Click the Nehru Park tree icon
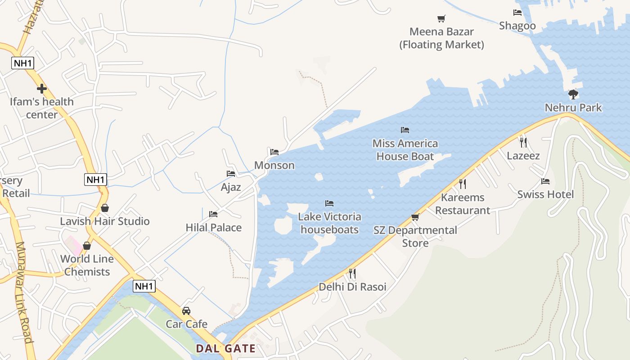[573, 94]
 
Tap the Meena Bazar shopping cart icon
[441, 18]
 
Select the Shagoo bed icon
[517, 13]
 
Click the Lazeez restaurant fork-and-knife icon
[523, 143]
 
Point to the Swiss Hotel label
[545, 194]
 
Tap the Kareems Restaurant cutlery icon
[462, 184]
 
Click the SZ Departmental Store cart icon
[415, 217]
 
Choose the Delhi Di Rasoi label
[352, 287]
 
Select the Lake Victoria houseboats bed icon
[329, 203]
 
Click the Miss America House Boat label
[405, 150]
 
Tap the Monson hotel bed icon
[274, 152]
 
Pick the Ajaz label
[231, 187]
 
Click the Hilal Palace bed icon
[213, 214]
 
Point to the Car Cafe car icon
[186, 311]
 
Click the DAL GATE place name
[225, 348]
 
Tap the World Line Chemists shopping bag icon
[87, 246]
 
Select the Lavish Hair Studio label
[105, 221]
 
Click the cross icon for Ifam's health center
[42, 89]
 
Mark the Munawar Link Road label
[25, 292]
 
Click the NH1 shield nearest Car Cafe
[144, 286]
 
